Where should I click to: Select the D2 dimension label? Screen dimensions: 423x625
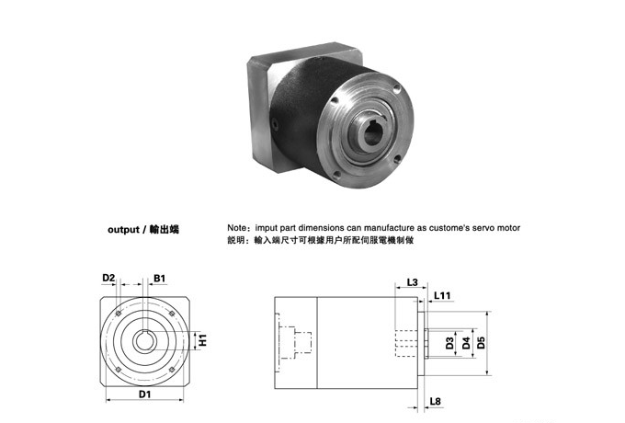tap(108, 277)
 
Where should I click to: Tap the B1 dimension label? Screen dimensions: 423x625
tap(159, 277)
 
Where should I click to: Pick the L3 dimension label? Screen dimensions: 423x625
tap(412, 282)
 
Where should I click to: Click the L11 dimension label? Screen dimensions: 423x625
tap(442, 295)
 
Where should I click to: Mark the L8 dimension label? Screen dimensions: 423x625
tap(436, 402)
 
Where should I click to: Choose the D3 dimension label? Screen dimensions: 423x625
tap(449, 344)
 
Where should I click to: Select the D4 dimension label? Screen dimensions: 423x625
tap(467, 344)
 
